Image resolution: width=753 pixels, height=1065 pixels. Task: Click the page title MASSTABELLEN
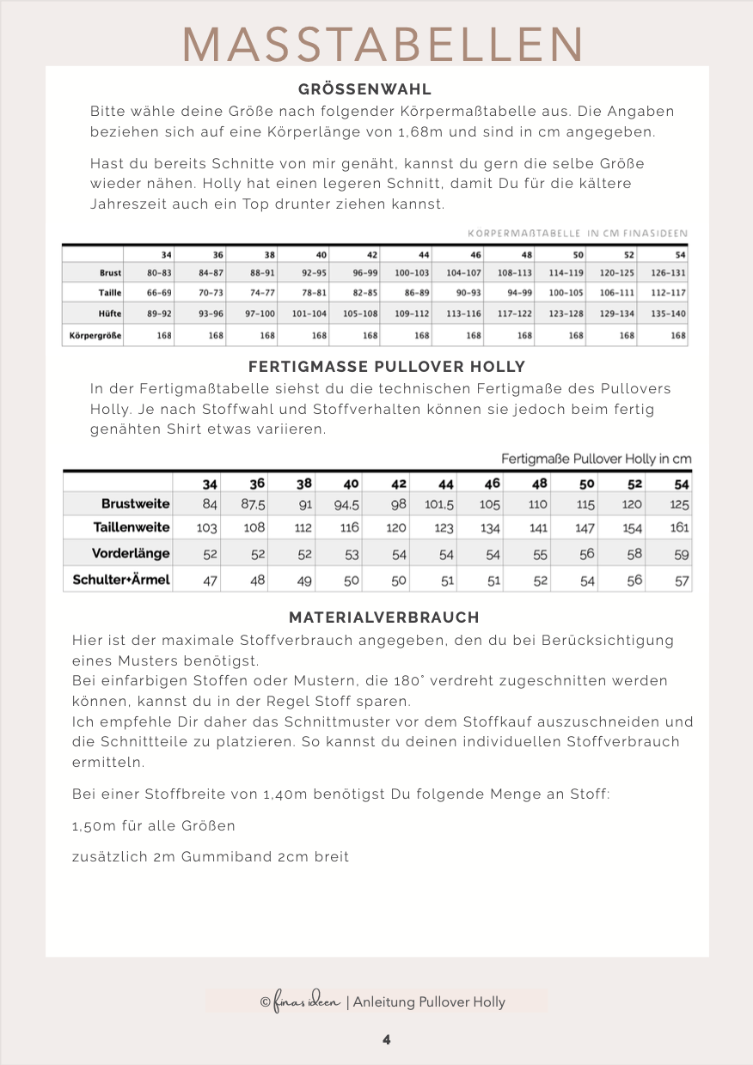pyautogui.click(x=383, y=43)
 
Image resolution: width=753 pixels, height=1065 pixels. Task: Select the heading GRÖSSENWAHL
pyautogui.click(x=364, y=89)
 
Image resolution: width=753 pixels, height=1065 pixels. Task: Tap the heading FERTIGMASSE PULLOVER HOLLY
pyautogui.click(x=386, y=367)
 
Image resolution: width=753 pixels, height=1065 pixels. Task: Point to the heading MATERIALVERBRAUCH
pyautogui.click(x=383, y=618)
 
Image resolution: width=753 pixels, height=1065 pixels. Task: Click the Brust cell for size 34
pyautogui.click(x=159, y=272)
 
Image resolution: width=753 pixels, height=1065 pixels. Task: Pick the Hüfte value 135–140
pyautogui.click(x=668, y=313)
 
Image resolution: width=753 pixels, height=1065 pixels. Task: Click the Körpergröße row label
pyautogui.click(x=93, y=335)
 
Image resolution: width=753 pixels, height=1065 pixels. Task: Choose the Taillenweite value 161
pyautogui.click(x=679, y=527)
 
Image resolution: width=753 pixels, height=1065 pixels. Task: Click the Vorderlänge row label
pyautogui.click(x=131, y=553)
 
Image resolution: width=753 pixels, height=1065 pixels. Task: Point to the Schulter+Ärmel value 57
pyautogui.click(x=681, y=580)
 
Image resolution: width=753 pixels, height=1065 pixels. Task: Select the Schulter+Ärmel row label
pyautogui.click(x=119, y=580)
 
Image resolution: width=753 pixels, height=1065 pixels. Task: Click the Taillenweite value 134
pyautogui.click(x=490, y=528)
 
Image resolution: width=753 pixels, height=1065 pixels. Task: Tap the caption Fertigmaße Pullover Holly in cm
pyautogui.click(x=596, y=459)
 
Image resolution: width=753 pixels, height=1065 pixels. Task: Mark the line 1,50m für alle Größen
pyautogui.click(x=154, y=826)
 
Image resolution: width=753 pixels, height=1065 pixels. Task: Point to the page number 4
pyautogui.click(x=387, y=1039)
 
